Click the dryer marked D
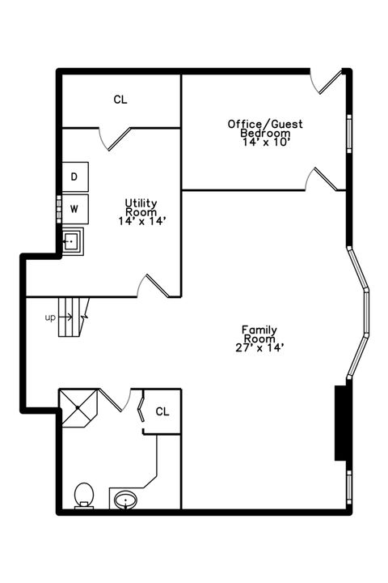[74, 177]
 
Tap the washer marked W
[74, 209]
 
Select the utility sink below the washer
[73, 240]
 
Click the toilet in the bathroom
[82, 495]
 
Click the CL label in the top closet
[120, 100]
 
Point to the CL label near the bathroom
[162, 411]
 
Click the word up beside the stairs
[50, 317]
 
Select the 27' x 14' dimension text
[259, 348]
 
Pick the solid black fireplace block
[341, 423]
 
